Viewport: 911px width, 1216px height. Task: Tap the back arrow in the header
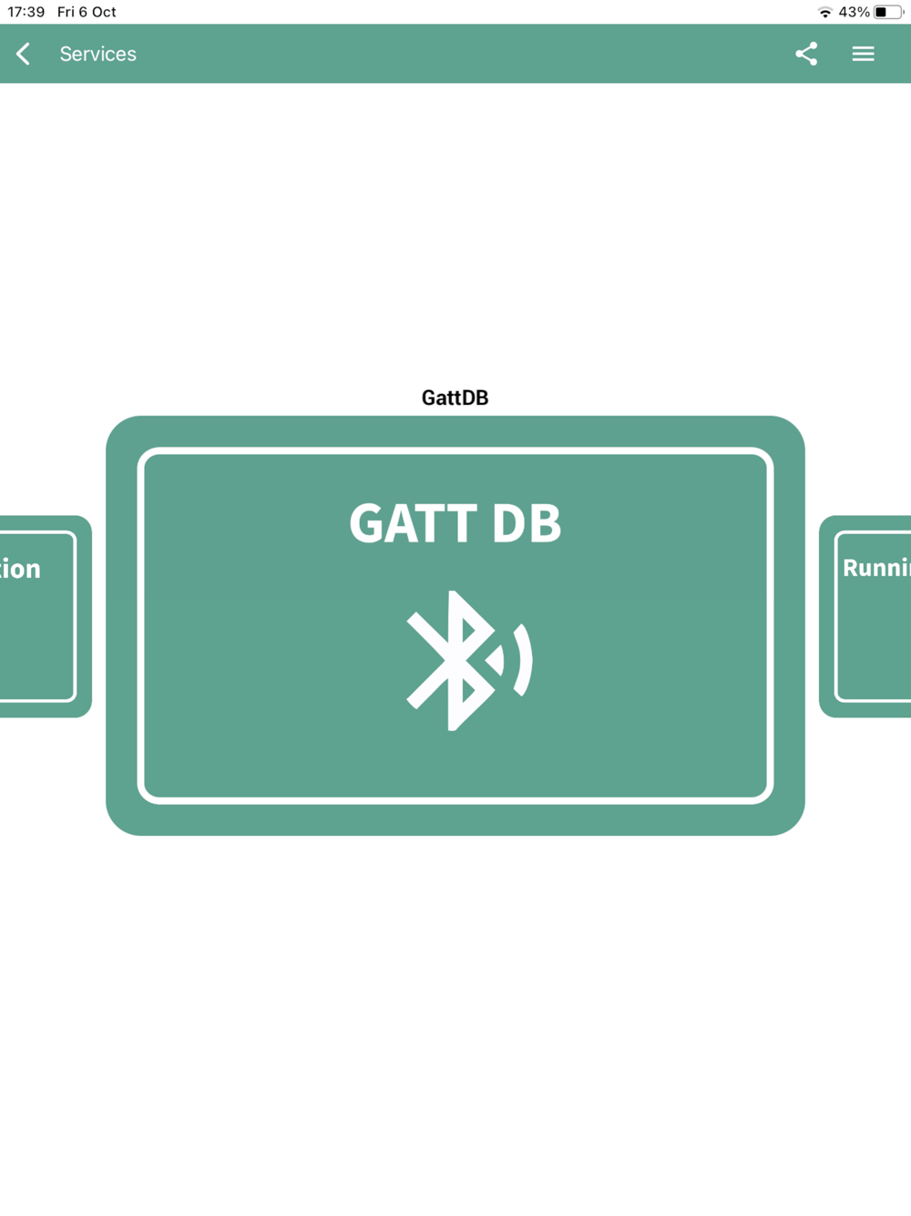(x=24, y=54)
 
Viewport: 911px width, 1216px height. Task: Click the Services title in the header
(x=97, y=54)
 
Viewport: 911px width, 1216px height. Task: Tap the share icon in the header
(x=806, y=54)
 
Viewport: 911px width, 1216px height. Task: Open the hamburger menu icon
(x=863, y=54)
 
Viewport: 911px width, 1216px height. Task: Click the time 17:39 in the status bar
(x=26, y=12)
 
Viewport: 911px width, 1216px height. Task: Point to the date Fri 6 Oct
(x=87, y=12)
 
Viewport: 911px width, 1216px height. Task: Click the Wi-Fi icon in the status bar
(x=824, y=12)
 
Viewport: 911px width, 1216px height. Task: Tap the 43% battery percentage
(x=854, y=12)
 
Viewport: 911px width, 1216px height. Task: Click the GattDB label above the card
(x=455, y=397)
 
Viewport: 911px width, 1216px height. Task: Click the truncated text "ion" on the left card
(x=20, y=569)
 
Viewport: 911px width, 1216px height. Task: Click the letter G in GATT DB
(x=368, y=523)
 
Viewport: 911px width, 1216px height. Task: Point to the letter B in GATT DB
(x=544, y=523)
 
